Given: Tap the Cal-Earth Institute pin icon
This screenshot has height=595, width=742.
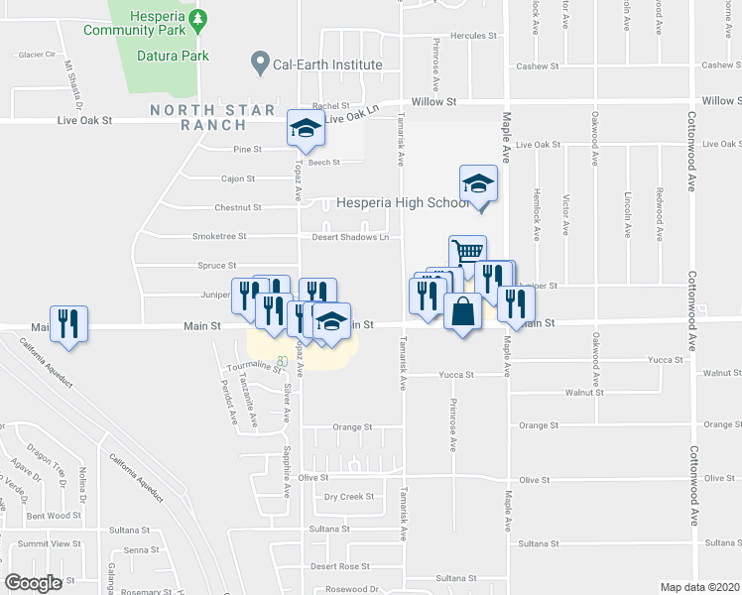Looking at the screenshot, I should point(260,64).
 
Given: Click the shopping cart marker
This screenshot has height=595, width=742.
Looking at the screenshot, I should point(467,252).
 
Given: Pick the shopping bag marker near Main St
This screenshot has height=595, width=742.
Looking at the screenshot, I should point(462,310).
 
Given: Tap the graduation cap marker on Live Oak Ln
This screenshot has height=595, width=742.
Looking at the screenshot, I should point(306,127).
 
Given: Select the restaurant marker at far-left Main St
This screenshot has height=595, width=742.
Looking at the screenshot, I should point(68,323).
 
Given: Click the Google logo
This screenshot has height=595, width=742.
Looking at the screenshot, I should point(34,583).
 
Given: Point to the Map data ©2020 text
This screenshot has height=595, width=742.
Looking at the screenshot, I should point(700,587).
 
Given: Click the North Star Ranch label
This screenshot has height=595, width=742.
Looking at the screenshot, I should point(199,117).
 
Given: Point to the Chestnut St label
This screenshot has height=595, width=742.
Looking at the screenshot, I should point(238,208).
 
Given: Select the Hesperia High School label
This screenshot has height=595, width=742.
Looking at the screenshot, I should point(403,202).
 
